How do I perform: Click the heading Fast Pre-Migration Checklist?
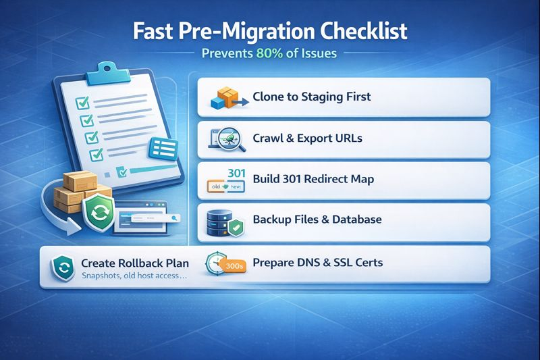(269, 31)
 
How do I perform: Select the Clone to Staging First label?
(311, 97)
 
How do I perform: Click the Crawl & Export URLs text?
(307, 138)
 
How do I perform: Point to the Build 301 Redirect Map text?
(313, 180)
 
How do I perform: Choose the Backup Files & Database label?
(317, 220)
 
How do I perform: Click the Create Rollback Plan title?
(134, 263)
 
